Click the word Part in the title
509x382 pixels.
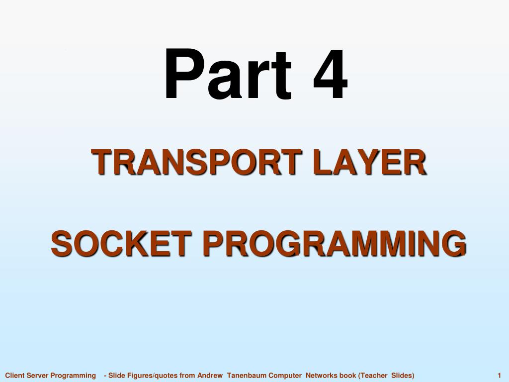228,74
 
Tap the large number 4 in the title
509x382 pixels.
331,74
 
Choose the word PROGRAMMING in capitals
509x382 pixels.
335,244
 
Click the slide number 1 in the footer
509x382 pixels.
499,376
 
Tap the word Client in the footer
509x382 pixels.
14,376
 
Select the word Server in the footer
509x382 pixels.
37,376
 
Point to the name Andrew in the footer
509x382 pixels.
210,376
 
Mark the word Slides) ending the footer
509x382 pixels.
403,376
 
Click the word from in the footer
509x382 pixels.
187,376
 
